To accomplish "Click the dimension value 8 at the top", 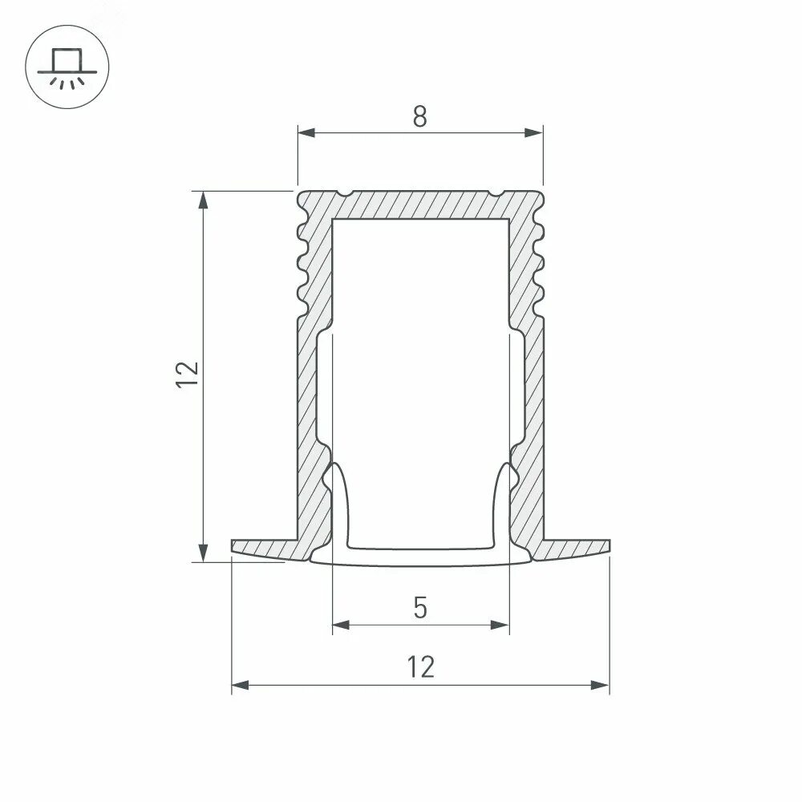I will tap(420, 117).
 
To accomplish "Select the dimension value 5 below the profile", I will tap(420, 609).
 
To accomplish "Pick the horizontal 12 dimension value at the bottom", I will tap(420, 667).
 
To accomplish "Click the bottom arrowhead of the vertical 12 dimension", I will tap(205, 553).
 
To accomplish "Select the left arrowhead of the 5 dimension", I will tap(341, 624).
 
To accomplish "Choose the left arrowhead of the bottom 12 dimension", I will tap(241, 685).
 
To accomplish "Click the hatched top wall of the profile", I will tap(420, 204).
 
